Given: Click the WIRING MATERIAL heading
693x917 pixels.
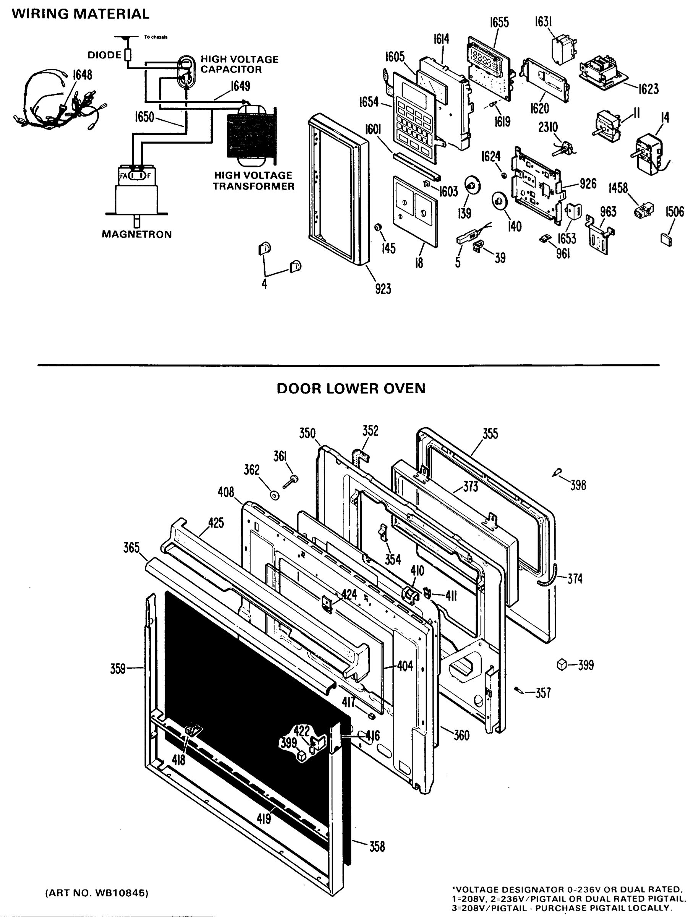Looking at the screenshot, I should [80, 14].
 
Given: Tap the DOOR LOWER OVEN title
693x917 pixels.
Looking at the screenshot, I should [351, 389].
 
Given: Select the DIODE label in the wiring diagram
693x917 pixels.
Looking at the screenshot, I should [104, 55].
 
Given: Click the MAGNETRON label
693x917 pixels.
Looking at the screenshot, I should [137, 234].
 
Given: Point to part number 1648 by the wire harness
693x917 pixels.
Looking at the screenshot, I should [82, 75].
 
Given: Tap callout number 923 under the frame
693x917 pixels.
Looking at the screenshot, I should [382, 288].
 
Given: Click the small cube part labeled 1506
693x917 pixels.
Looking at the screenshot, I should [665, 240].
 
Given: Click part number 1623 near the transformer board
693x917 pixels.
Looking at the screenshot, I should [648, 89].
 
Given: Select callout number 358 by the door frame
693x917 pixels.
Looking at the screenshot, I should [377, 847].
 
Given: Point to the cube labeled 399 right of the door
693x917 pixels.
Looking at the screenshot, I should [561, 664].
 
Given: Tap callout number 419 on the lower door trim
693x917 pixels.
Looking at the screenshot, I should [264, 819].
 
